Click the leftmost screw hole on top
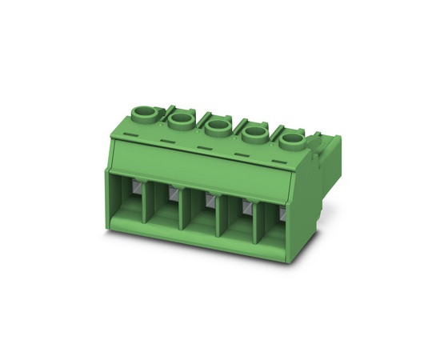click(146, 111)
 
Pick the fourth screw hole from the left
click(254, 134)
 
